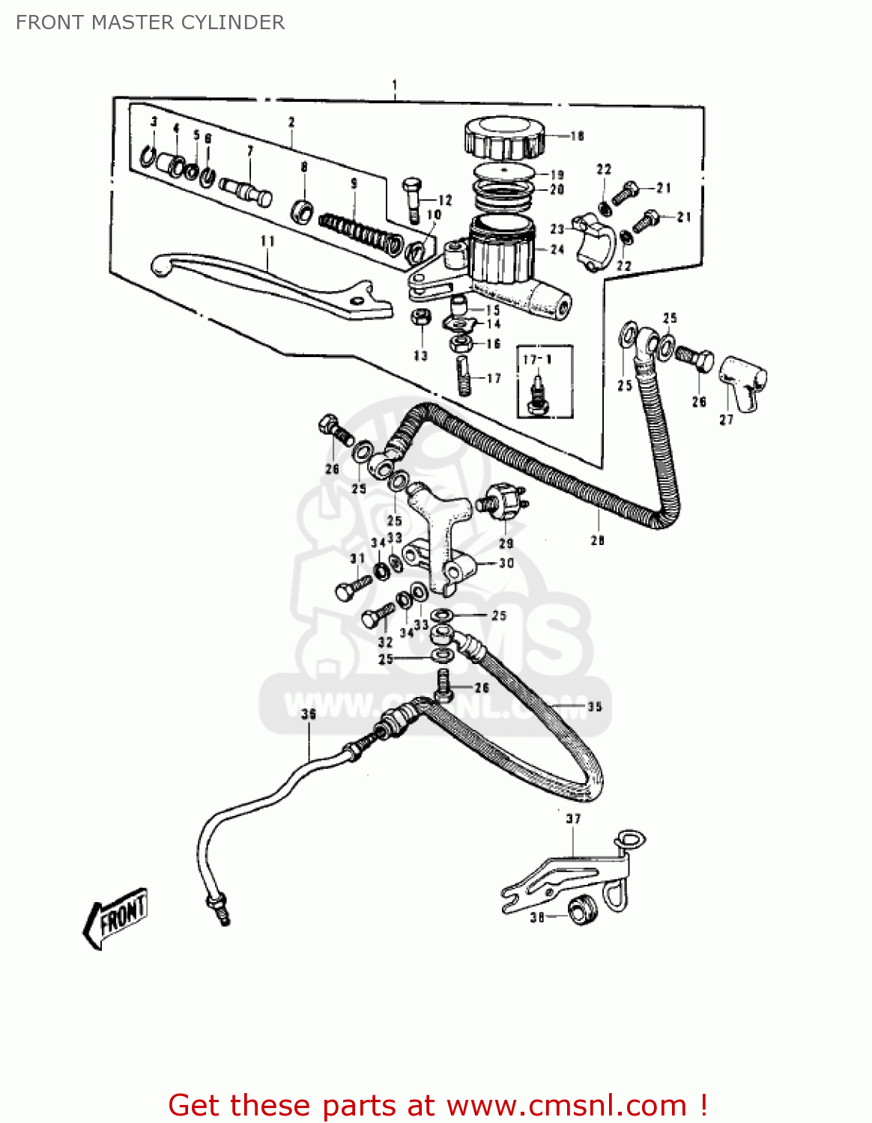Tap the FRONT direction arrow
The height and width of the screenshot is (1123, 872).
coord(115,916)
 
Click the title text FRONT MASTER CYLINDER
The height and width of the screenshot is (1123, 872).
coord(150,22)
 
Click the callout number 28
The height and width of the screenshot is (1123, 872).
coord(597,540)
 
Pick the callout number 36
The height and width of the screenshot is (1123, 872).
coord(309,713)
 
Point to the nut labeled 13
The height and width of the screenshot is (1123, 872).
coord(420,317)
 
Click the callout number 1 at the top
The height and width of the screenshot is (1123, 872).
coord(394,85)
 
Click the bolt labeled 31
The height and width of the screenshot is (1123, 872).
coord(352,586)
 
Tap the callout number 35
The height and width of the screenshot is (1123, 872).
coord(594,706)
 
